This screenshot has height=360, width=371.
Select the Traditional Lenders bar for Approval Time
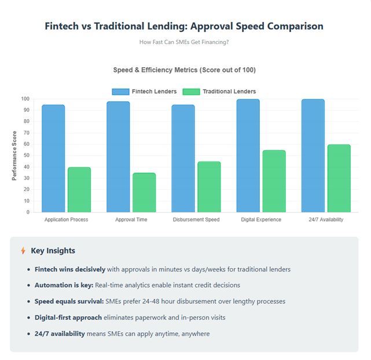coord(144,192)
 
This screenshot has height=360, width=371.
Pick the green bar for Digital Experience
coord(274,181)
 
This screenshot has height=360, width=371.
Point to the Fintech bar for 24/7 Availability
coord(313,156)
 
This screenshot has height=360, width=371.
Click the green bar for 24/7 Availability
coord(339,178)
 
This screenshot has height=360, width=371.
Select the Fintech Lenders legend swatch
coord(120,91)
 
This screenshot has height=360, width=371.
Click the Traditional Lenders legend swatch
coord(191,91)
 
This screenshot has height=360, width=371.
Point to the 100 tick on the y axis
coord(25,99)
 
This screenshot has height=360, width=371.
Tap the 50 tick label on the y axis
coord(26,156)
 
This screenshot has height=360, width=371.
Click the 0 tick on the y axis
coord(27,212)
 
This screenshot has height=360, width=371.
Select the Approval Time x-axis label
coord(131,220)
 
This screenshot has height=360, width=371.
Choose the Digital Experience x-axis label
coord(261,220)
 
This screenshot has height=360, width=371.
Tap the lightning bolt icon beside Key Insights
coord(23,251)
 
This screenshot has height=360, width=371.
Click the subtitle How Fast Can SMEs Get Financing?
coord(185,42)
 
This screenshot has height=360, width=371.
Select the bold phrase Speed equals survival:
coord(65,302)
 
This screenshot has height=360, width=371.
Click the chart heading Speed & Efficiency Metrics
coord(185,70)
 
